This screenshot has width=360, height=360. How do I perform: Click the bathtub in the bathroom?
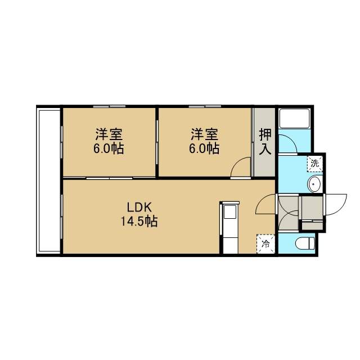pyautogui.click(x=295, y=118)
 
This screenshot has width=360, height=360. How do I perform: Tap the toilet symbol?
pyautogui.click(x=305, y=244)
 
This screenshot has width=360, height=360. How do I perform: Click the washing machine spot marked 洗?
pyautogui.click(x=315, y=164)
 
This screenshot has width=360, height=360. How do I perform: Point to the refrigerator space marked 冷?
pyautogui.click(x=265, y=244)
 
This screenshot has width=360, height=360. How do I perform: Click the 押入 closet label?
pyautogui.click(x=265, y=142)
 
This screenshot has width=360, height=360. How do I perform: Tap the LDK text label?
pyautogui.click(x=139, y=208)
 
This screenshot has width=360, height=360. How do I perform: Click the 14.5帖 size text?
pyautogui.click(x=139, y=222)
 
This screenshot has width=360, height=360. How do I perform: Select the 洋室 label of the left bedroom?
pyautogui.click(x=109, y=134)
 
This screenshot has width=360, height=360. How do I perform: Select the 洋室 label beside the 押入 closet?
pyautogui.click(x=205, y=134)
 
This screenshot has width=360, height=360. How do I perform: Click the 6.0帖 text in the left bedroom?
pyautogui.click(x=109, y=148)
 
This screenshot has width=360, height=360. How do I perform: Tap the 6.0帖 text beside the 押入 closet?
pyautogui.click(x=204, y=148)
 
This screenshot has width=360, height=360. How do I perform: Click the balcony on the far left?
pyautogui.click(x=49, y=181)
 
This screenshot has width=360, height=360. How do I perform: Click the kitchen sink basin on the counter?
pyautogui.click(x=230, y=212)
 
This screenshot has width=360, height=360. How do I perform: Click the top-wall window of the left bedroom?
pyautogui.click(x=109, y=106)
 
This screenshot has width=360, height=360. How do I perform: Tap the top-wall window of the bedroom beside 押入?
pyautogui.click(x=205, y=106)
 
